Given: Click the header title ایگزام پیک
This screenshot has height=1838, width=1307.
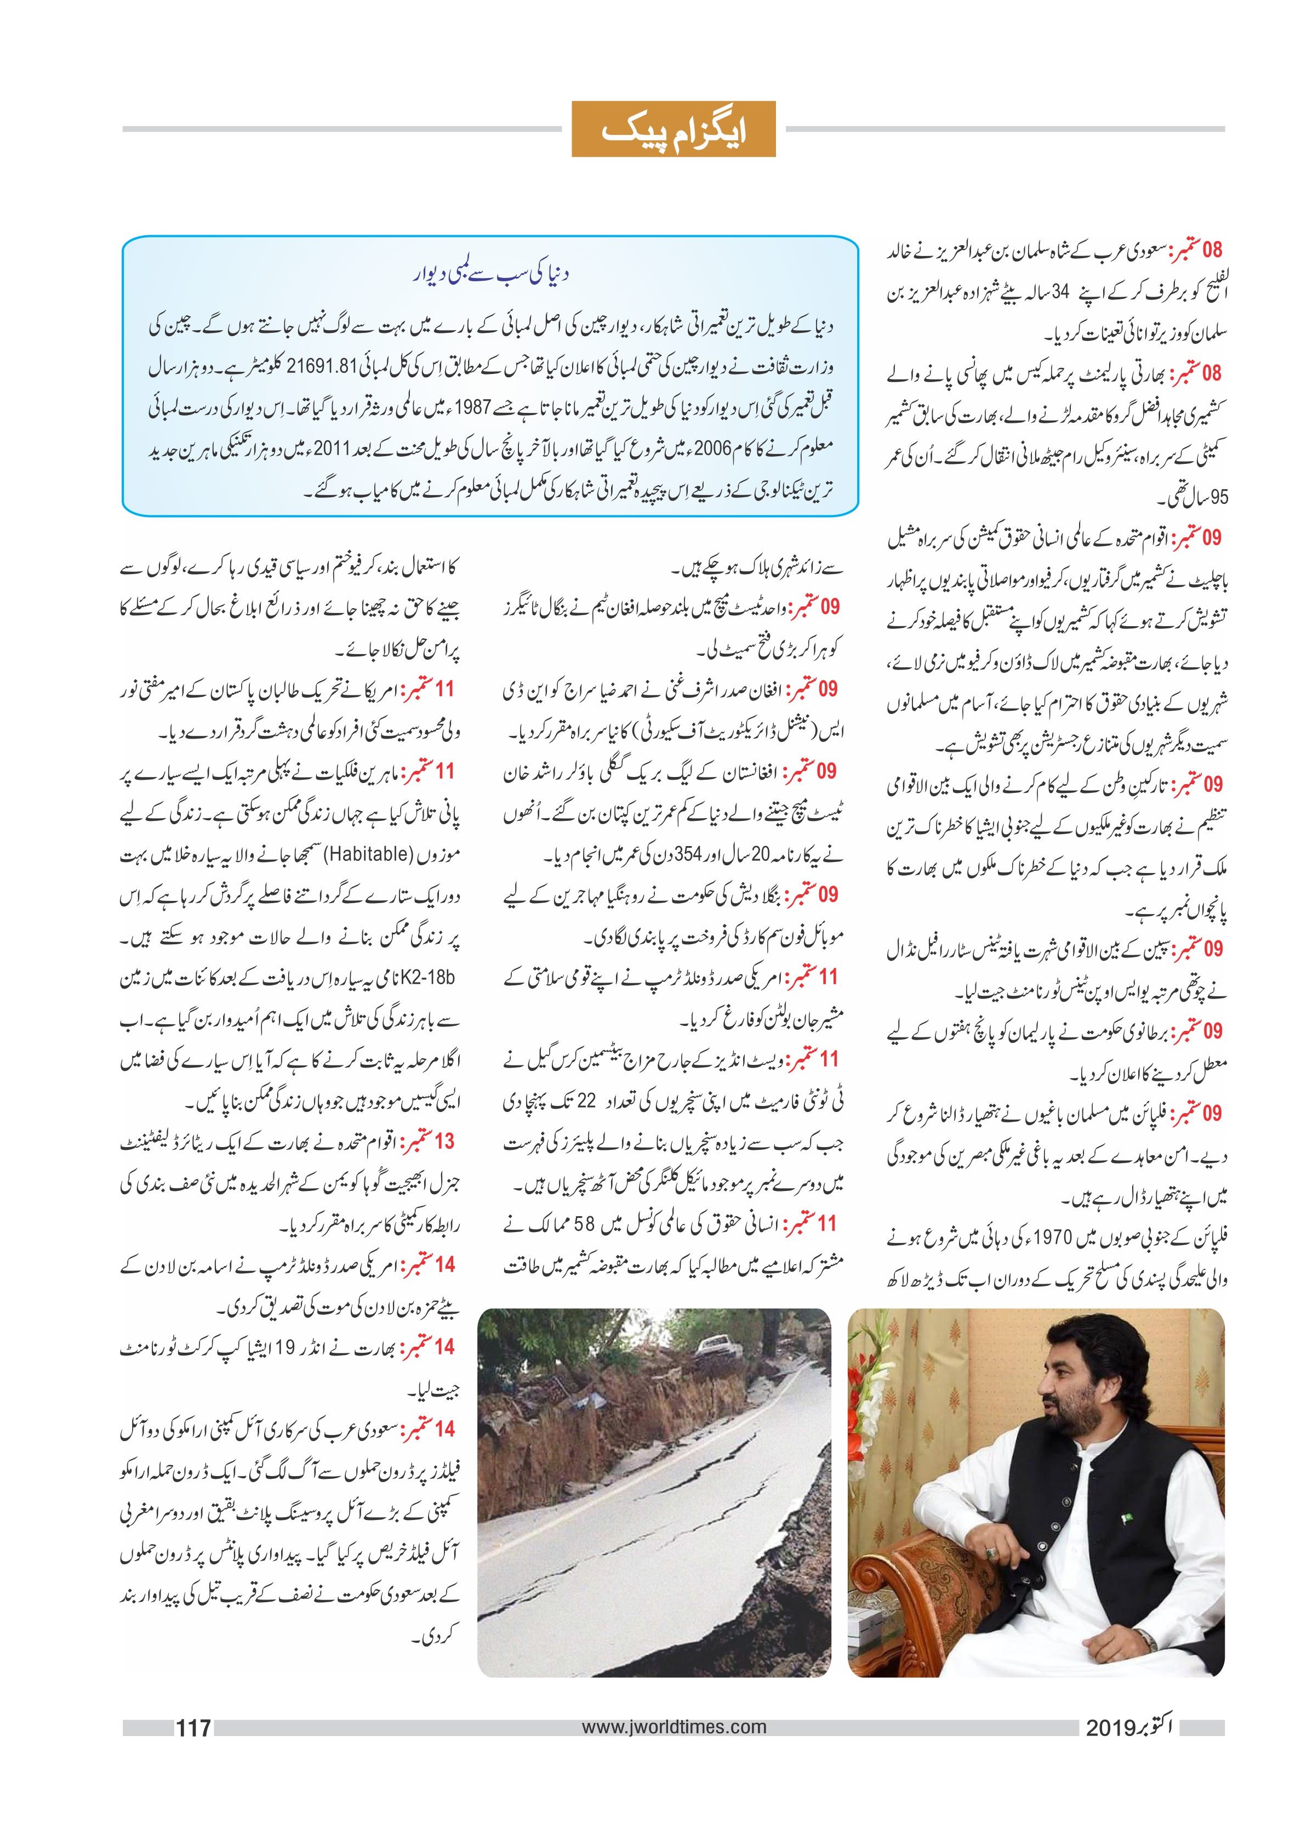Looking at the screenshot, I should tap(673, 129).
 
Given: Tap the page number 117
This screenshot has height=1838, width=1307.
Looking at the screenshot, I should tap(193, 1726).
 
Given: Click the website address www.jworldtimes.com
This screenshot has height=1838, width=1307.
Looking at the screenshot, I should tap(673, 1726).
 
